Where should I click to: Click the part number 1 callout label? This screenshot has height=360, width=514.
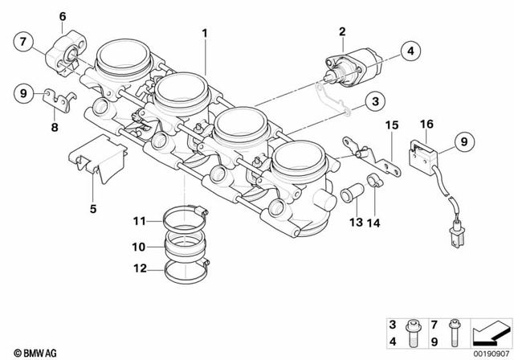click(x=205, y=33)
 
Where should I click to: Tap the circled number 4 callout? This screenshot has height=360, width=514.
click(x=410, y=51)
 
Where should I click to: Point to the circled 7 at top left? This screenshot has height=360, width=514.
click(x=22, y=41)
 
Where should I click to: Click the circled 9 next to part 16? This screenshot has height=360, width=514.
click(x=463, y=143)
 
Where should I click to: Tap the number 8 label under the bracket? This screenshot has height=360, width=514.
click(x=55, y=126)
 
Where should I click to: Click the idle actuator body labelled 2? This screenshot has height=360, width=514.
click(x=353, y=66)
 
